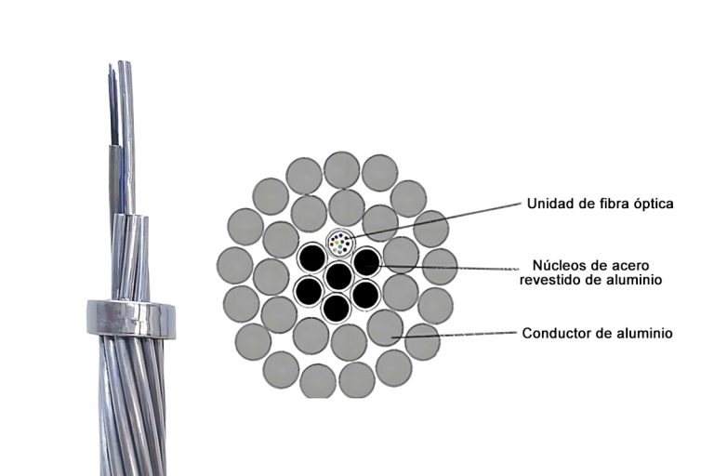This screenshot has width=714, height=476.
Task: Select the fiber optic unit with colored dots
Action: (339, 243)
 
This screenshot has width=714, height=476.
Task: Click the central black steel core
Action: (339, 276)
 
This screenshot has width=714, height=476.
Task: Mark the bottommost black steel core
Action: (337, 308)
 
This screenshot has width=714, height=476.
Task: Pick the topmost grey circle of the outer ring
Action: (342, 170)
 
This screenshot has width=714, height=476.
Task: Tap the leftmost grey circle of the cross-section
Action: (234, 265)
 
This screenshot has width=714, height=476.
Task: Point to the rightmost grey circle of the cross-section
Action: (440, 267)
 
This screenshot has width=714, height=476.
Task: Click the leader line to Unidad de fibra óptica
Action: (435, 220)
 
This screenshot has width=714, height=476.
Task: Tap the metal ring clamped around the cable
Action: (131, 318)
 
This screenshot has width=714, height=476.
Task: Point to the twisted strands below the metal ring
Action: (132, 405)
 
